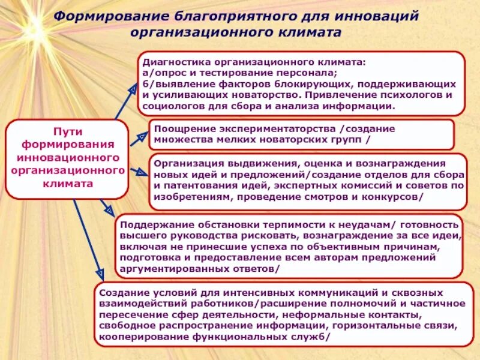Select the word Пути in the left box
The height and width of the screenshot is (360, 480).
tap(67, 131)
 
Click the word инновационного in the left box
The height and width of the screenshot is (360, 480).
tap(67, 158)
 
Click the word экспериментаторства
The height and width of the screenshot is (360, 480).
tap(278, 128)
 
